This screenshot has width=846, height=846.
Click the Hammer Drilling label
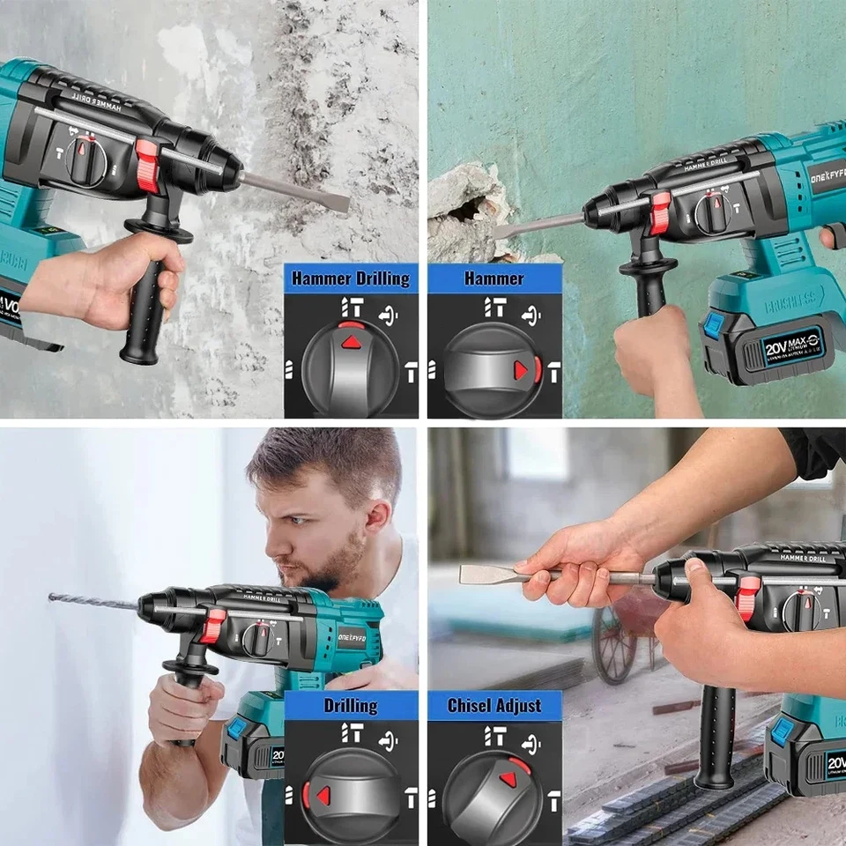351,279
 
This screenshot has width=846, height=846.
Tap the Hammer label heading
493,279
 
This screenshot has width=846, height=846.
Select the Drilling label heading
351,705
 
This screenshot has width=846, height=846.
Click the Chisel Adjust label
493,705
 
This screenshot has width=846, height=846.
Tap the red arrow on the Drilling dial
323,795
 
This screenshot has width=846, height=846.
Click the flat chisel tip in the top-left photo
335,202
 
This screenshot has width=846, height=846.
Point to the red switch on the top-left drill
147,167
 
